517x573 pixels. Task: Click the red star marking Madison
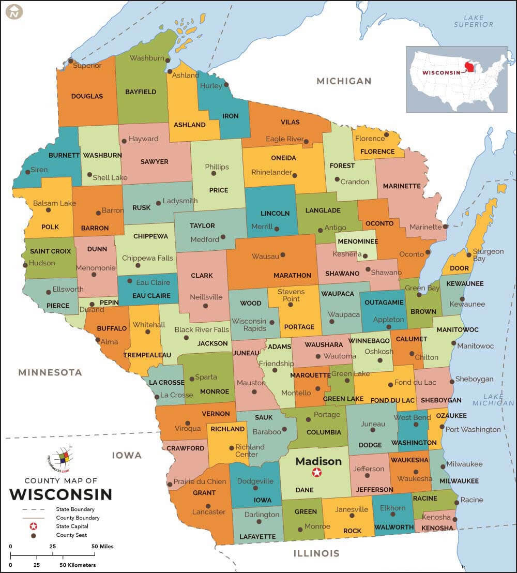[316, 472]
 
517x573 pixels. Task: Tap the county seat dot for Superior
[71, 61]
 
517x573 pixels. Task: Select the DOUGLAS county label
[87, 96]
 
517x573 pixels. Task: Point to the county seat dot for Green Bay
[419, 295]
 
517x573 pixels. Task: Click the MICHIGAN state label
[344, 81]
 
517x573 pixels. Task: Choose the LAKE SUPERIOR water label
[474, 21]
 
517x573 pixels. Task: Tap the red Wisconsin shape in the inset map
[470, 67]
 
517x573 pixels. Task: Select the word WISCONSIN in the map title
[60, 494]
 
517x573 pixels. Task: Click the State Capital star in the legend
[34, 526]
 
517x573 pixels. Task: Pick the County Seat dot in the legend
[34, 536]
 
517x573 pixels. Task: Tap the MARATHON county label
[292, 275]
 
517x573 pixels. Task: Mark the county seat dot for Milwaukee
[443, 464]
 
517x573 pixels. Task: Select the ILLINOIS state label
[316, 553]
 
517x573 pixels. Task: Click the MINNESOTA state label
[50, 372]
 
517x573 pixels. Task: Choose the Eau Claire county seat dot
[130, 282]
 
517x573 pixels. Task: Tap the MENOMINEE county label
[357, 242]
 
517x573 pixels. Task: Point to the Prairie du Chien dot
[170, 485]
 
